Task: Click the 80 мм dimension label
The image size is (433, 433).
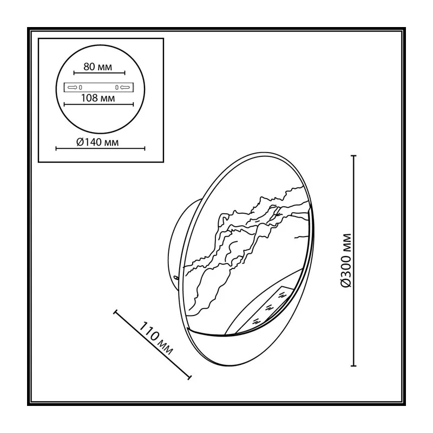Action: pos(98,67)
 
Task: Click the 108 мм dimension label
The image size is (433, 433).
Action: pos(98,98)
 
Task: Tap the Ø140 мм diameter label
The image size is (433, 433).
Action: pos(97,142)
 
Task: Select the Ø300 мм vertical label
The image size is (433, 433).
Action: pos(346,260)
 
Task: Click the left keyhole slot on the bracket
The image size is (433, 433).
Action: pos(73,88)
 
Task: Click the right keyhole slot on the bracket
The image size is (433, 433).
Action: pos(125,88)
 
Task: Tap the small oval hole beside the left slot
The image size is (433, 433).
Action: pos(80,88)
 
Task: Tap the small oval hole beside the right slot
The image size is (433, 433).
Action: pos(117,88)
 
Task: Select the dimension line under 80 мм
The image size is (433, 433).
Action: pos(100,73)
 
